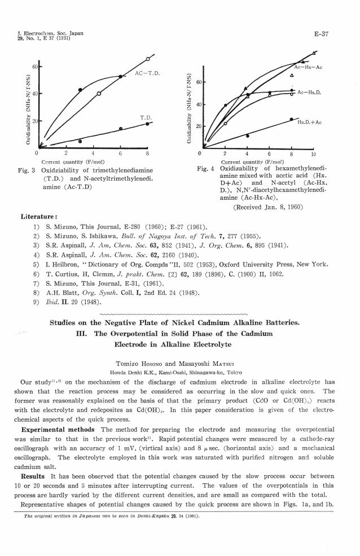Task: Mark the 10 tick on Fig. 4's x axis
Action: [x=314, y=153]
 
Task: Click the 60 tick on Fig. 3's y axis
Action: [x=34, y=67]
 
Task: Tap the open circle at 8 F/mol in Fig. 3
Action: [x=148, y=59]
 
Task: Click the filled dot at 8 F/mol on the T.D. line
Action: [x=147, y=124]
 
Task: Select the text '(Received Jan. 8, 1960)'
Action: [x=266, y=207]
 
